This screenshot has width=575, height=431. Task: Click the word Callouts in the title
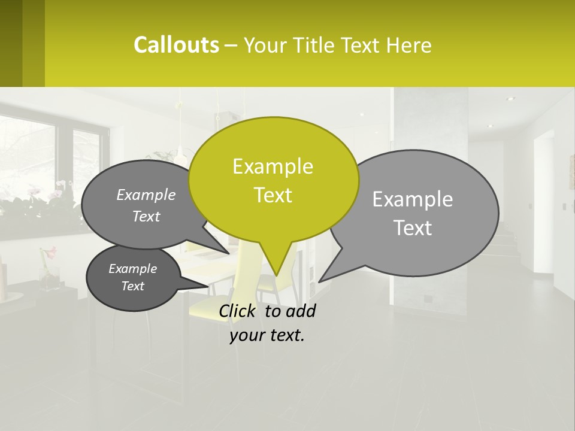pos(176,45)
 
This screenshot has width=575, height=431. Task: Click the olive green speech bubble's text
pos(273,181)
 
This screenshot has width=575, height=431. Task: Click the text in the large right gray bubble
pos(413,213)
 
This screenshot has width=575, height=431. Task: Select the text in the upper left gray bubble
pos(146,205)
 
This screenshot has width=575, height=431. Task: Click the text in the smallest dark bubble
pos(133,277)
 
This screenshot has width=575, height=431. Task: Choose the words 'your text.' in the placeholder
pos(267,335)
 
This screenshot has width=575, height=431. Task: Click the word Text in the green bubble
pos(273,195)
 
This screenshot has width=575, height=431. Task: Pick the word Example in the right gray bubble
pos(413,199)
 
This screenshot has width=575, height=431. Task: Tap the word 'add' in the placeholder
pos(301,311)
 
